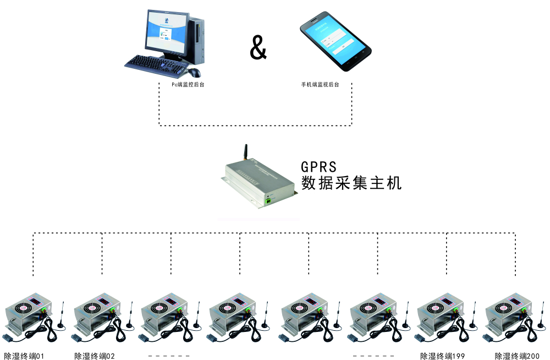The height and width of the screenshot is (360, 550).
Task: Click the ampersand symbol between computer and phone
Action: tap(258, 47)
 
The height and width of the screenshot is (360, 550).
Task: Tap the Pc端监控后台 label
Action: tap(188, 85)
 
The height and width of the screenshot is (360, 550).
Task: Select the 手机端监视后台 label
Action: tap(320, 85)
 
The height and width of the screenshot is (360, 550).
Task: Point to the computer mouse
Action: tap(194, 73)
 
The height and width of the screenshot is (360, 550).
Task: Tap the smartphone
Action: tap(335, 41)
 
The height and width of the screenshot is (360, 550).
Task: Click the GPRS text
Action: tap(318, 166)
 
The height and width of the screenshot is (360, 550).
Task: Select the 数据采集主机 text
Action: tap(351, 183)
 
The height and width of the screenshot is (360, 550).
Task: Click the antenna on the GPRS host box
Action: tap(246, 152)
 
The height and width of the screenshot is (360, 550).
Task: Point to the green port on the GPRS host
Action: tap(268, 200)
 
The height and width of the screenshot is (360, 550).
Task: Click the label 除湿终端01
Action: tap(24, 356)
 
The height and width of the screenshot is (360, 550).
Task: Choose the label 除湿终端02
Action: tap(95, 356)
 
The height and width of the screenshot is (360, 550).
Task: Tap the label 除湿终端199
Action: tap(442, 356)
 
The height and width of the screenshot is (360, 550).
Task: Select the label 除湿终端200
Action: tap(517, 356)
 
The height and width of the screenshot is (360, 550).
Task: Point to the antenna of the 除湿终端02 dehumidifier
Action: tap(131, 315)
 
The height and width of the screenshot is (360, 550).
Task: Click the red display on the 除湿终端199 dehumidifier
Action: tap(447, 301)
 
